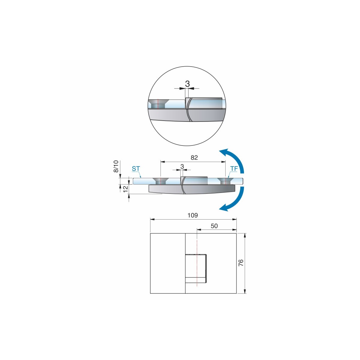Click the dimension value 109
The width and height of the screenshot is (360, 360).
pos(193,215)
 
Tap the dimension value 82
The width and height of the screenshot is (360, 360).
pos(194,157)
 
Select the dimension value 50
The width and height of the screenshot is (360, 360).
pos(214,226)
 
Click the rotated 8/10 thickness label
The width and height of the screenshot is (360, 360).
pos(116,166)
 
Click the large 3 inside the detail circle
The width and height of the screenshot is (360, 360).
pos(187,84)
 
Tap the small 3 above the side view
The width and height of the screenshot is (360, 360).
pos(182,166)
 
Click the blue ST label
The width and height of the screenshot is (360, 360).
pos(136,169)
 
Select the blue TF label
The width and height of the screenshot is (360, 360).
pos(234,169)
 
